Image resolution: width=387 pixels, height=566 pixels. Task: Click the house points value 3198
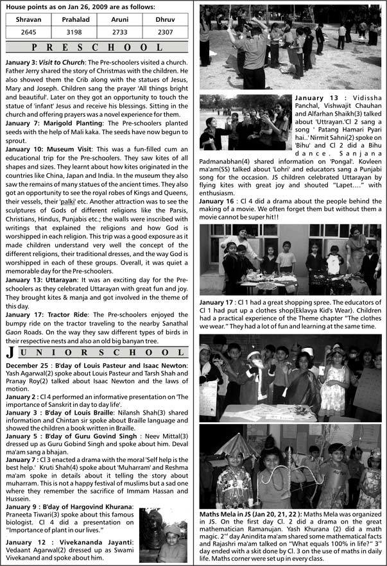point(75,31)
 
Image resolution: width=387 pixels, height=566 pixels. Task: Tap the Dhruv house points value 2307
point(165,31)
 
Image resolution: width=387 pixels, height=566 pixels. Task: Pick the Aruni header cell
point(120,20)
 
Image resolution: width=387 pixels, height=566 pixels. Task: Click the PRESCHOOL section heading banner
point(98,47)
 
